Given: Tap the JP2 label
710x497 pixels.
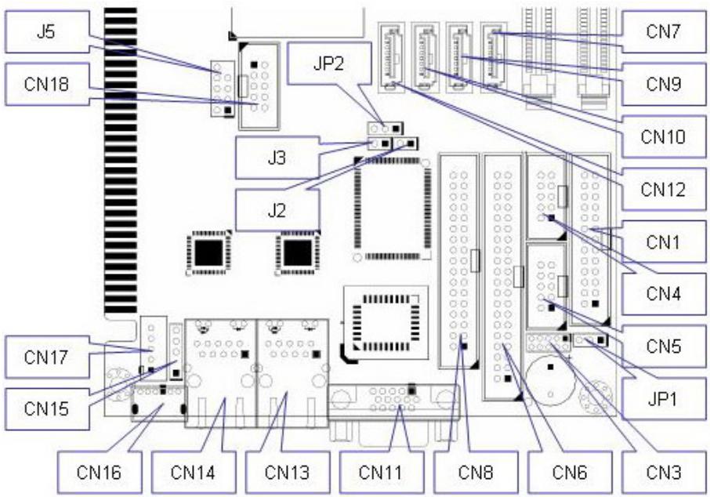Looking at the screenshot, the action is (329, 63).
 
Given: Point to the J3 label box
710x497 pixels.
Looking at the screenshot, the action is (277, 158).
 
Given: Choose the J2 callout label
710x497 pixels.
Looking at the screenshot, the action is (277, 211).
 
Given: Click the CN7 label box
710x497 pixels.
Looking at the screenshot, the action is (664, 31).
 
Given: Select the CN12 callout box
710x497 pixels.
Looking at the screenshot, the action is (664, 190).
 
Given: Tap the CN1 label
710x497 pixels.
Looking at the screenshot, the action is (664, 242).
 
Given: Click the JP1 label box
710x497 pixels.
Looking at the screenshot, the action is (664, 399).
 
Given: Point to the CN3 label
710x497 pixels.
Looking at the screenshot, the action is (664, 472).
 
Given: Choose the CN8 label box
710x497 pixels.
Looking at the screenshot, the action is (476, 472).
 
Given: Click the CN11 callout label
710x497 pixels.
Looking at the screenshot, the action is (382, 472).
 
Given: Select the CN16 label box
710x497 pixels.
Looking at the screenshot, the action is (100, 472).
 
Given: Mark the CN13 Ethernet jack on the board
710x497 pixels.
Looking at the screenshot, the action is (292, 373).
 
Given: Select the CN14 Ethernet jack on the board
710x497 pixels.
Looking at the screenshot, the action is (220, 373).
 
